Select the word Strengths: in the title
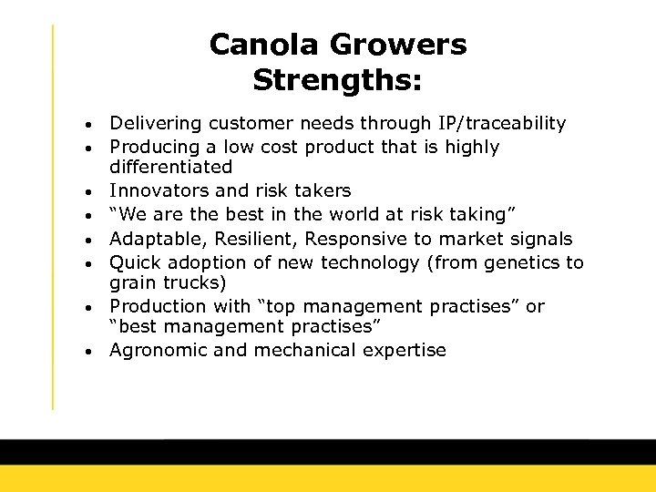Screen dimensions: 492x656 click(337, 80)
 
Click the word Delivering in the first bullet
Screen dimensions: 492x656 click(150, 123)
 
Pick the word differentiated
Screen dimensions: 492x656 click(170, 168)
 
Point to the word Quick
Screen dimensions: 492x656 click(133, 262)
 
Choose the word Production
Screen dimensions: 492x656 click(156, 306)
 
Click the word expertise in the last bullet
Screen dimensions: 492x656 click(405, 351)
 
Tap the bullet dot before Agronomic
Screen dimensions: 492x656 click(96, 352)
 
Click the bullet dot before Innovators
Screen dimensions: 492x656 click(96, 192)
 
